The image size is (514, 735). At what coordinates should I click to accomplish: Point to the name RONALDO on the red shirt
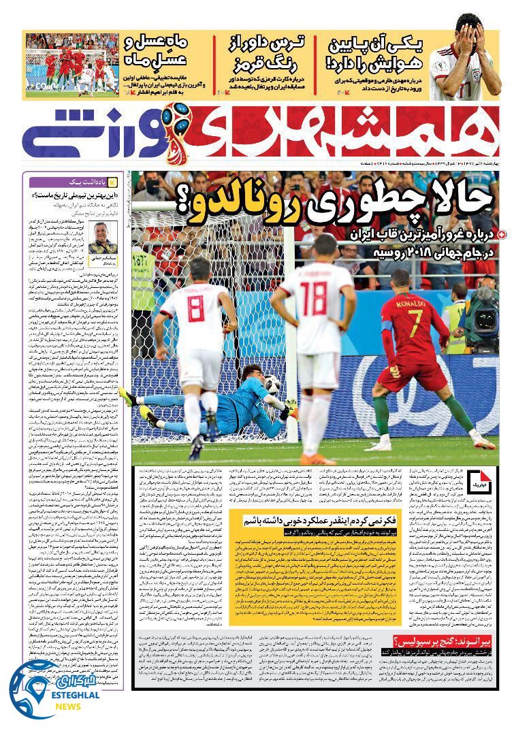411,303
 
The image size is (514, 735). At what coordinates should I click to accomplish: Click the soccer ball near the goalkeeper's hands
272,385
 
